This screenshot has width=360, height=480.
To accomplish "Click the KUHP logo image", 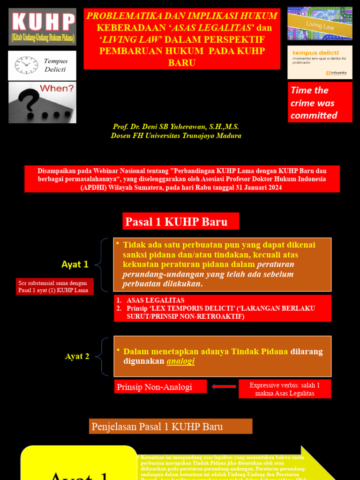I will pos(42,26).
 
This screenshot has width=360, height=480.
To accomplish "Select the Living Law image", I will pos(320,23).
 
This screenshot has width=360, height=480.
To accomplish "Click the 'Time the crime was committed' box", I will pos(320,103).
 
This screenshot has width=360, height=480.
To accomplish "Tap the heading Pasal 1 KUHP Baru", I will pos(181,222).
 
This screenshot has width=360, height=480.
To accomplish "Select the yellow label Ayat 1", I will pos(75,264).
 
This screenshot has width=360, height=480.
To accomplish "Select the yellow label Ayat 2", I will pos(77,356).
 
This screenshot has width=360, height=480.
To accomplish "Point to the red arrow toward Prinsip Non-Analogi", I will pos(224,386).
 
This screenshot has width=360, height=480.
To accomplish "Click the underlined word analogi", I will pos(180,361).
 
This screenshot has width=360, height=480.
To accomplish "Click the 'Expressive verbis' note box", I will pos(285,389).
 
